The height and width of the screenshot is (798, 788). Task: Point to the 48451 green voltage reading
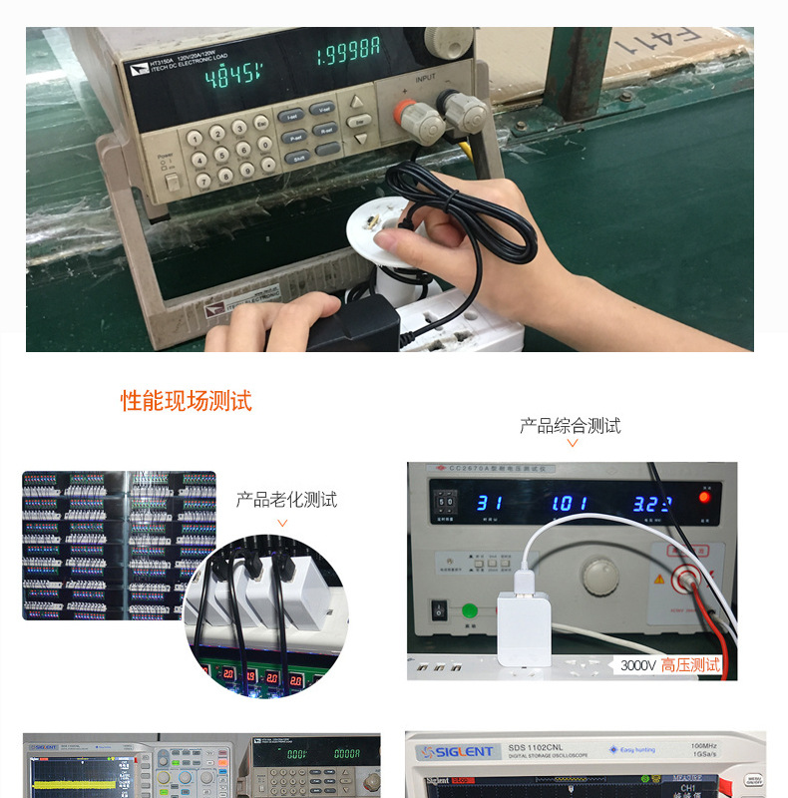[232, 74]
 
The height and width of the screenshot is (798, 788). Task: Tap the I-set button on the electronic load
[292, 117]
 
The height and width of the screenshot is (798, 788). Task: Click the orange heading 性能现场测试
[187, 401]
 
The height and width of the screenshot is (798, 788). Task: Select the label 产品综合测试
[570, 426]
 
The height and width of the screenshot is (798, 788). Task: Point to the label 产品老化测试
[286, 499]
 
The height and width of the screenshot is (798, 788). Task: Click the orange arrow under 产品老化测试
[282, 522]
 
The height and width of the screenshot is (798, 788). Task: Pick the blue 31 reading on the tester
[488, 504]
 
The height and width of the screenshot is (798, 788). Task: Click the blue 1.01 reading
[570, 503]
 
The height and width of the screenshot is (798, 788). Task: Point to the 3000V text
[638, 665]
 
